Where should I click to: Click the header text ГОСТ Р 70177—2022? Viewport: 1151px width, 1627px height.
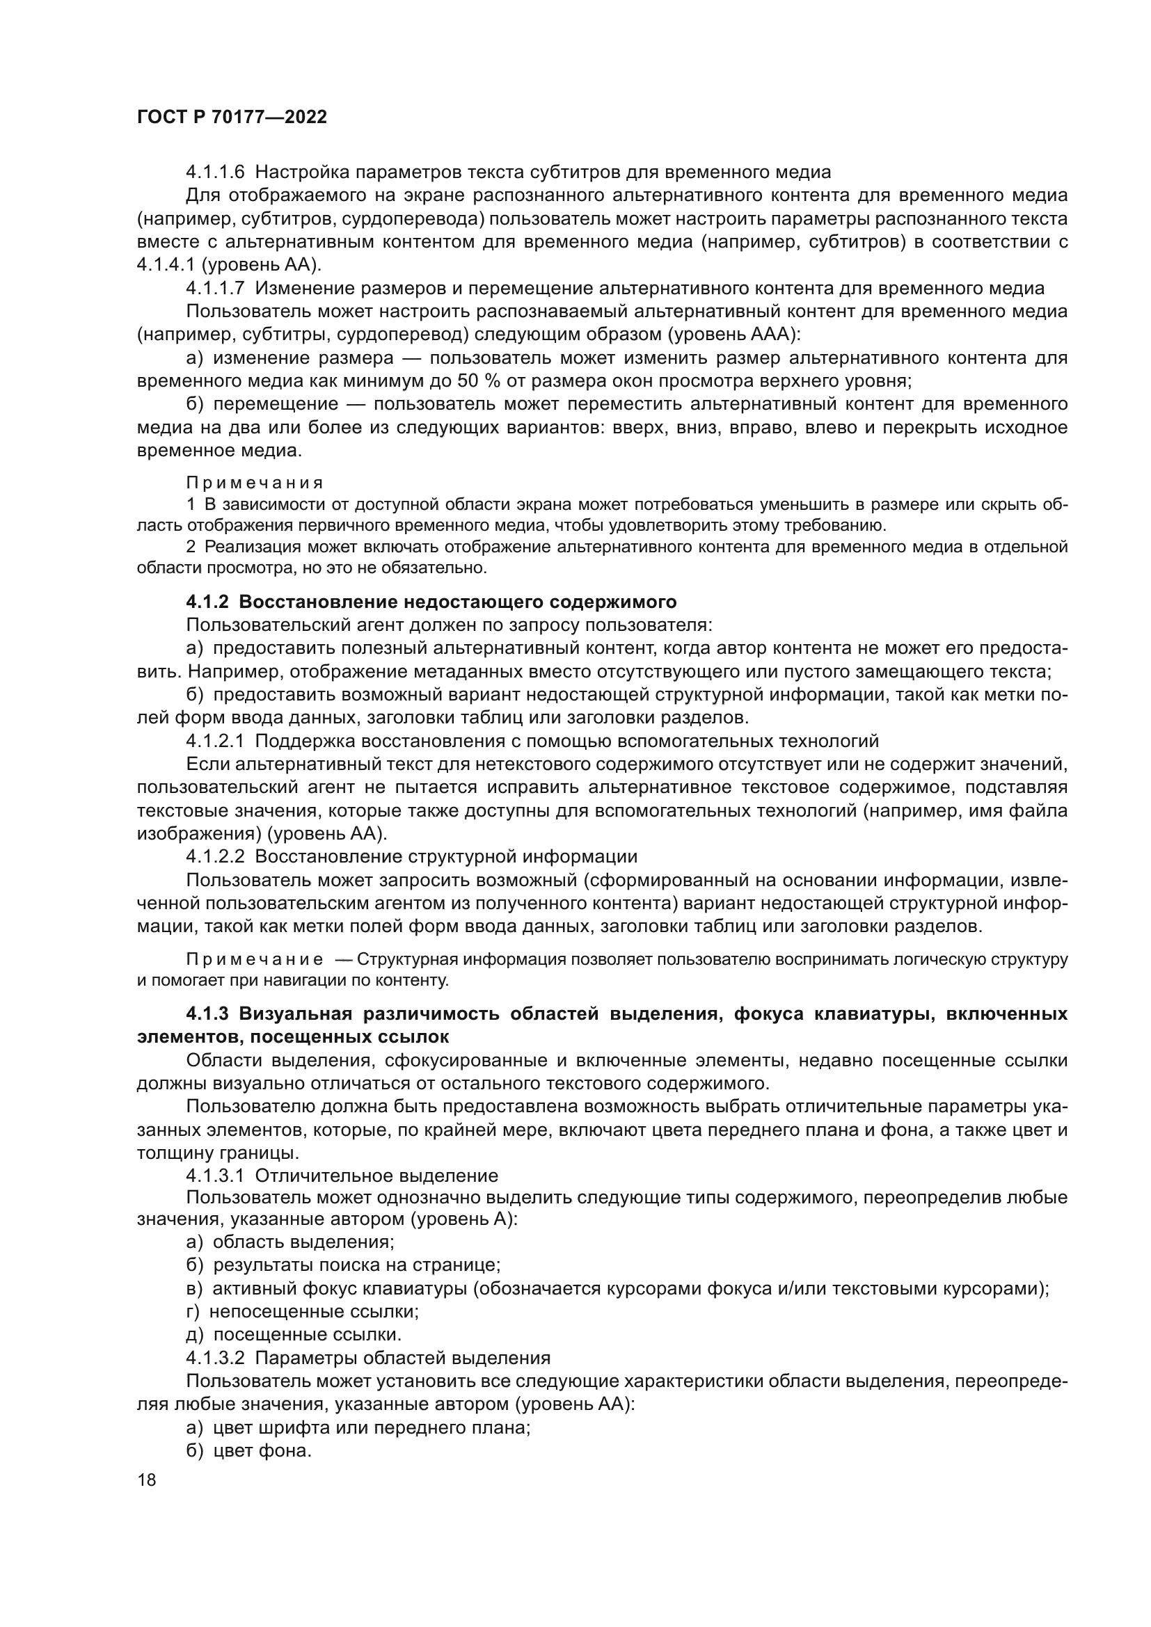(232, 118)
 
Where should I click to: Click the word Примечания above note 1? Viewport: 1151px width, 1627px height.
(255, 483)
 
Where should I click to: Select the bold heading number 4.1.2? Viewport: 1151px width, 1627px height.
(207, 602)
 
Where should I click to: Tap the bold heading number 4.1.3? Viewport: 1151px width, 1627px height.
(207, 1014)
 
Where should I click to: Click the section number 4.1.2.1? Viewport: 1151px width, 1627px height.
(215, 742)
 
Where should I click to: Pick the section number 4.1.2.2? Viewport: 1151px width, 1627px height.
(215, 857)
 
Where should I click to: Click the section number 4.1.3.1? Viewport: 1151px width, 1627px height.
(215, 1176)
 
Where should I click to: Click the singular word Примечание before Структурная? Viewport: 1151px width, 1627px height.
(255, 960)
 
